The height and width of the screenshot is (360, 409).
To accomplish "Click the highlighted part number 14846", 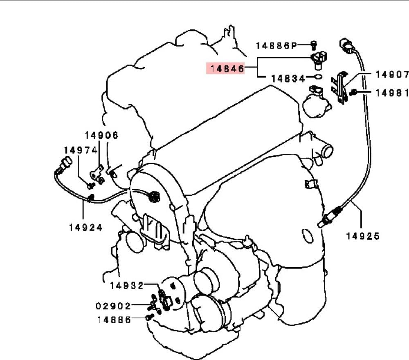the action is click(x=227, y=69).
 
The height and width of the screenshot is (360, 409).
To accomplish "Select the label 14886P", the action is click(x=276, y=46).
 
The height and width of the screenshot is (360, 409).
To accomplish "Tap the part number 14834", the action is click(x=288, y=78).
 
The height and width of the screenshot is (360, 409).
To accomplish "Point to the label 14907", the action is click(x=392, y=74).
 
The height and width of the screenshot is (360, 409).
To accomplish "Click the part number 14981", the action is click(x=392, y=93).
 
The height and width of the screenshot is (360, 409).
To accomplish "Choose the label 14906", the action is click(x=101, y=135).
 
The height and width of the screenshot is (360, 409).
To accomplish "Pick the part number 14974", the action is click(x=81, y=150).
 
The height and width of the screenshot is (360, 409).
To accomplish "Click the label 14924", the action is click(x=86, y=228).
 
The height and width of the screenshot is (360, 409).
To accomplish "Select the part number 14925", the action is click(x=363, y=236).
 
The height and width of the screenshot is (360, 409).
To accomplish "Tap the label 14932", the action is click(x=127, y=286).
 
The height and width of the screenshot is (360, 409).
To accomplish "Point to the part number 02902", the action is click(x=113, y=306).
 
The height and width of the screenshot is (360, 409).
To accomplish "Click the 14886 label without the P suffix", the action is click(x=114, y=320).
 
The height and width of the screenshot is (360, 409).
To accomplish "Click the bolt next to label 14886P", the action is click(x=314, y=45).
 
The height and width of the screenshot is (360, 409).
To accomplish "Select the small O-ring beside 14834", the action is click(x=318, y=77).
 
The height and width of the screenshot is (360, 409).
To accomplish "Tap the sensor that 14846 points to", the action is click(x=319, y=60).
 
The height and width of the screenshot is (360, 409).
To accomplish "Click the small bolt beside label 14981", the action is click(x=353, y=92).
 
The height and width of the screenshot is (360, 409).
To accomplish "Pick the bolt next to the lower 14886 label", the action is click(x=149, y=317).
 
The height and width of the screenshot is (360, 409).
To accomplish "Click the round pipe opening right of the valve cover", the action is click(x=327, y=151).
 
